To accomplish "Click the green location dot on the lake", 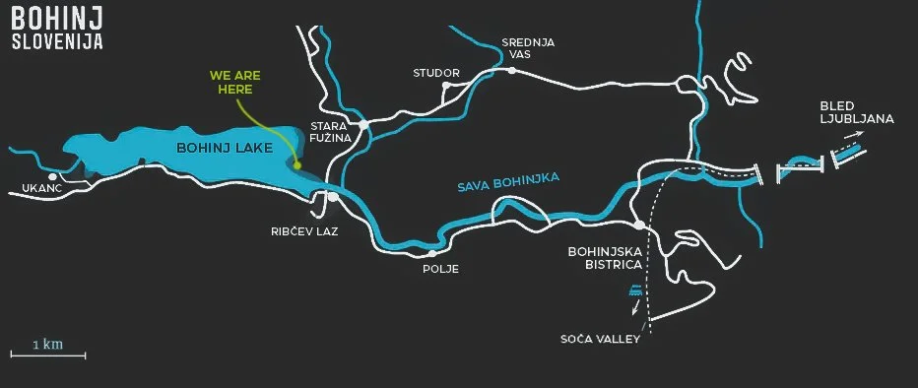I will point(296,165).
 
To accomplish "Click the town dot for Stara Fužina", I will point(363,125).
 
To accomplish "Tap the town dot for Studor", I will point(446,86).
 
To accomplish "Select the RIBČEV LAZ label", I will point(304,234).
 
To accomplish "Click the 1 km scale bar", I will point(48,354).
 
